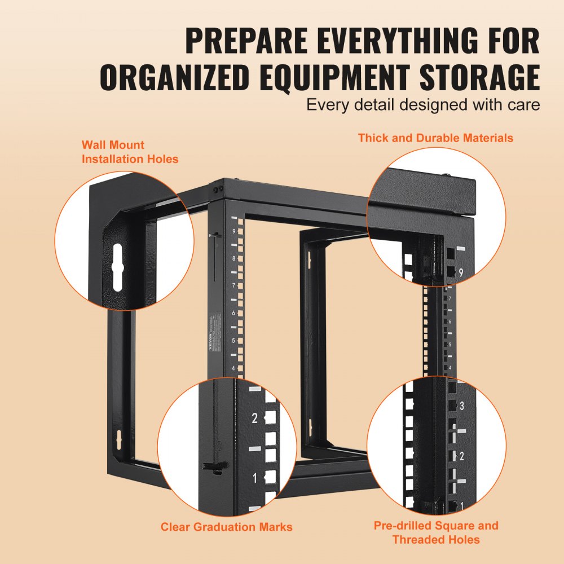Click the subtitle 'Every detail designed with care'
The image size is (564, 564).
[423, 105]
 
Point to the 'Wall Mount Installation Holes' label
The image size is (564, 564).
[130, 152]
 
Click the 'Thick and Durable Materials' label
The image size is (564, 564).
[435, 138]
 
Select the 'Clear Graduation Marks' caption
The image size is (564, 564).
[226, 527]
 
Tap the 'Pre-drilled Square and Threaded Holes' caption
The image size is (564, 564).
[436, 532]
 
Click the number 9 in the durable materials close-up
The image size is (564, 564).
[461, 272]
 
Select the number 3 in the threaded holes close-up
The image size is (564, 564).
[461, 406]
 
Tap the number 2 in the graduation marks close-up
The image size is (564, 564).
[254, 418]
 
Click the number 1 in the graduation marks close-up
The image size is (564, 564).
[254, 479]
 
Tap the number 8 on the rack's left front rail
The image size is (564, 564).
[233, 258]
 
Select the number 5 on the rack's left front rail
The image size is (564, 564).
[233, 341]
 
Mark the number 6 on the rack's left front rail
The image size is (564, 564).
[233, 313]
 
